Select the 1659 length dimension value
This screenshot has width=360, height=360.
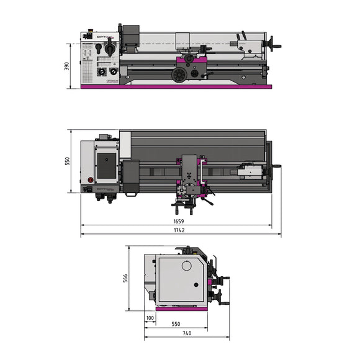click(179, 220)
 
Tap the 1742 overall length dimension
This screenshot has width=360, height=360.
click(179, 230)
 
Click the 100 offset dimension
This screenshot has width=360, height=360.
click(150, 318)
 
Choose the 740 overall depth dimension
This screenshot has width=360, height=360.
click(187, 334)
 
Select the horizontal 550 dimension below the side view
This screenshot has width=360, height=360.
click(175, 325)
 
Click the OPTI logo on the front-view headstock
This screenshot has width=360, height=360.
click(102, 37)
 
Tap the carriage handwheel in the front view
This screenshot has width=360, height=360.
click(179, 75)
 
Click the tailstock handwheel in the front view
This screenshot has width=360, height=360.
click(271, 45)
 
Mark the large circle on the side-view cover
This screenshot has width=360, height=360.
click(186, 265)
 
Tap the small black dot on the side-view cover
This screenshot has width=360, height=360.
click(196, 285)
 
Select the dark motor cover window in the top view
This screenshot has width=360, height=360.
click(107, 164)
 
